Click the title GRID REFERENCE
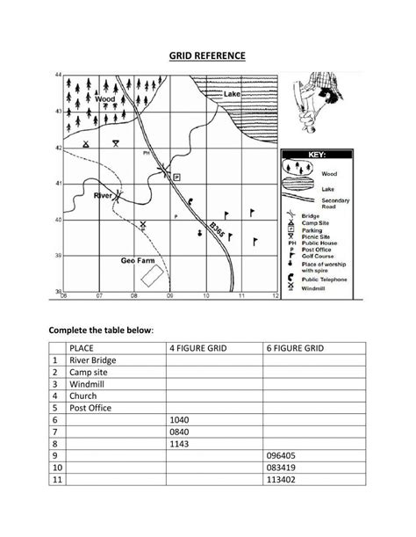pos(207,57)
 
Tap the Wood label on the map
pos(104,99)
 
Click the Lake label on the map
pos(232,93)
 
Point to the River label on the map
pos(103,194)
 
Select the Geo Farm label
pos(136,261)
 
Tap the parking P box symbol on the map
pos(176,177)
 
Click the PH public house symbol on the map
pos(147,153)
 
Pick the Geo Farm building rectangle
pos(150,276)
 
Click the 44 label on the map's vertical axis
pos(58,76)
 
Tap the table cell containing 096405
pos(312,458)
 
